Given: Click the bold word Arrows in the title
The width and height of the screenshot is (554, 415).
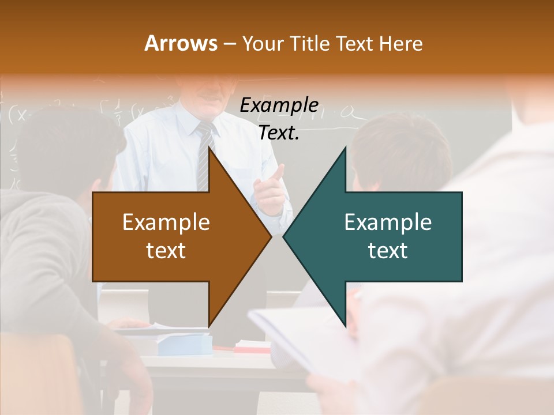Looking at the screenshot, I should click(x=181, y=43).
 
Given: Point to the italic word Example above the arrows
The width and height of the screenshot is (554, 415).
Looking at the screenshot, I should click(x=279, y=105).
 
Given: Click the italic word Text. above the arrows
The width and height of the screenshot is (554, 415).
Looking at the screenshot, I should click(x=279, y=133).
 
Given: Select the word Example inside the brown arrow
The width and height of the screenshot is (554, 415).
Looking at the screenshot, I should click(x=166, y=222).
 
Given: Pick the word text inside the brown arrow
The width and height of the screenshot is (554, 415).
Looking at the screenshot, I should click(x=166, y=250).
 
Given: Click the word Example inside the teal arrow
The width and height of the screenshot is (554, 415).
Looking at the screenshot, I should click(x=388, y=222).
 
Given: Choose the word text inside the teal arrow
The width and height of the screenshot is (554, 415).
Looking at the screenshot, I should click(x=388, y=250).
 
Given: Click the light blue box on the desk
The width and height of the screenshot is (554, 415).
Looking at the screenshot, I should click(x=185, y=344).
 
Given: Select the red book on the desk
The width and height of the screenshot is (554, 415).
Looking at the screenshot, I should click(x=252, y=347).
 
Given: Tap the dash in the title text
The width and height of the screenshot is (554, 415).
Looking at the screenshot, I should click(x=229, y=43).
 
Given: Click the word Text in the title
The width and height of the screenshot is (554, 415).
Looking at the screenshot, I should click(x=354, y=43).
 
